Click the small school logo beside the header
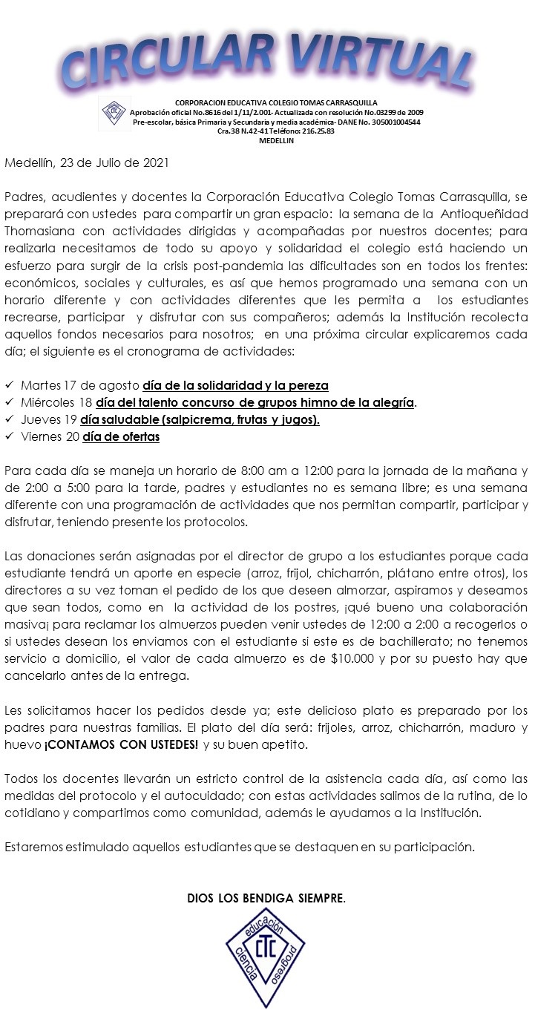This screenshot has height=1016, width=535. pos(116,113)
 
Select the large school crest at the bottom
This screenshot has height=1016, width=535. pos(265,957)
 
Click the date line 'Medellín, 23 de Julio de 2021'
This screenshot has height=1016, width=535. pos(87,163)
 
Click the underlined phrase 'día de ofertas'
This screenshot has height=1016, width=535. pos(122,437)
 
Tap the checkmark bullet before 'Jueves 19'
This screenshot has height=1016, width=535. pos(10,420)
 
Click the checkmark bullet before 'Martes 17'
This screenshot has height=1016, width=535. pos(10,386)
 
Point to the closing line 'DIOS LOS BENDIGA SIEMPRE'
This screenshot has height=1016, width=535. pos(266,899)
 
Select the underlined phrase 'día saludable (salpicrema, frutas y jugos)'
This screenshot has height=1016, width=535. pos(201,420)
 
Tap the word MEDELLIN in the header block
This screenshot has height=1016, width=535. pos(275,140)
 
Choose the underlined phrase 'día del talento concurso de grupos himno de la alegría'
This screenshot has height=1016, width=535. pos(255,403)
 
